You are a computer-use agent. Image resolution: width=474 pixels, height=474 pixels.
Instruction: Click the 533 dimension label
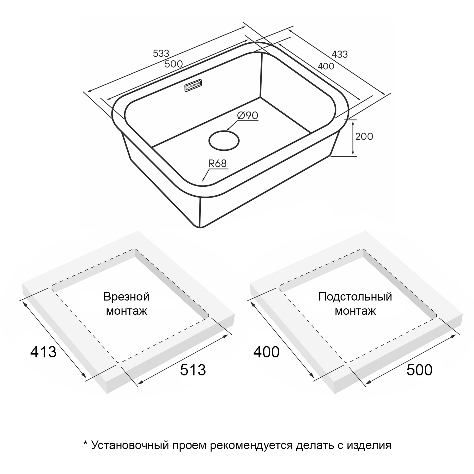point(161,53)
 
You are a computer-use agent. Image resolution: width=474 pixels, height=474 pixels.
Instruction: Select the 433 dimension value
point(340,54)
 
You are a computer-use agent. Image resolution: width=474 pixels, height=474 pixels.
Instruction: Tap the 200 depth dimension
point(364,137)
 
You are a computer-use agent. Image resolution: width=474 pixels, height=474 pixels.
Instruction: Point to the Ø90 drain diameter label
point(248,116)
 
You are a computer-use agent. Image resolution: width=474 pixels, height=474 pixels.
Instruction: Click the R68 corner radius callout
point(217,163)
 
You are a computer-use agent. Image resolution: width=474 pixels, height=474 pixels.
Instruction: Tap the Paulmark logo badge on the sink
point(194,86)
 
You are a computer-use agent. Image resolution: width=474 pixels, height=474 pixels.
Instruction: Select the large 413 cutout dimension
point(43,352)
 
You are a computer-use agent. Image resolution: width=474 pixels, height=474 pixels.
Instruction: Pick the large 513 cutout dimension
point(193,370)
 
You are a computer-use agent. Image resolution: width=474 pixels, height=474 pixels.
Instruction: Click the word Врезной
point(126,297)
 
